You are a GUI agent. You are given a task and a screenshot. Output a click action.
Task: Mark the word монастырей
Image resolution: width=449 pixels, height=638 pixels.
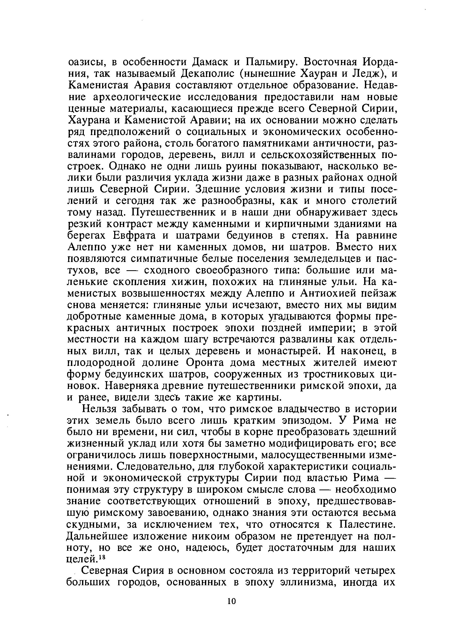click(x=289, y=352)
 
